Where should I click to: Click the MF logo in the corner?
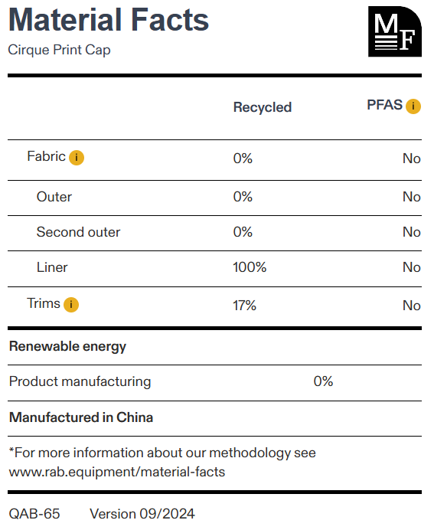[395, 31]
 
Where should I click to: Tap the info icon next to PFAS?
[413, 106]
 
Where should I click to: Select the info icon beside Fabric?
[77, 158]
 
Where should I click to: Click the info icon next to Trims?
[71, 305]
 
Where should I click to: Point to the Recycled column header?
[263, 107]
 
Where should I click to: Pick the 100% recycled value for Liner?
[250, 267]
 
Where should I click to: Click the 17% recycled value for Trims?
[244, 306]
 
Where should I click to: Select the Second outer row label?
[78, 232]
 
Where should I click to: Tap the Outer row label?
[54, 197]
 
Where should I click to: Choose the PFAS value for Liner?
[411, 267]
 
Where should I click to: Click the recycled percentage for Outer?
[243, 197]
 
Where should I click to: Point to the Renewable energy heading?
[67, 347]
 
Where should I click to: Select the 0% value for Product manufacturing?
[323, 381]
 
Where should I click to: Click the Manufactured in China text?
[81, 417]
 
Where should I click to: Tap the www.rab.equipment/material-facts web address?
[117, 473]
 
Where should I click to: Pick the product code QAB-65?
[34, 514]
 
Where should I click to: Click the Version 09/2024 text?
[142, 514]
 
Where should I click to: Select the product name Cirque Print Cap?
[59, 50]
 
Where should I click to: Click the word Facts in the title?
[170, 20]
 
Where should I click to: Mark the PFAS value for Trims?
[411, 306]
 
